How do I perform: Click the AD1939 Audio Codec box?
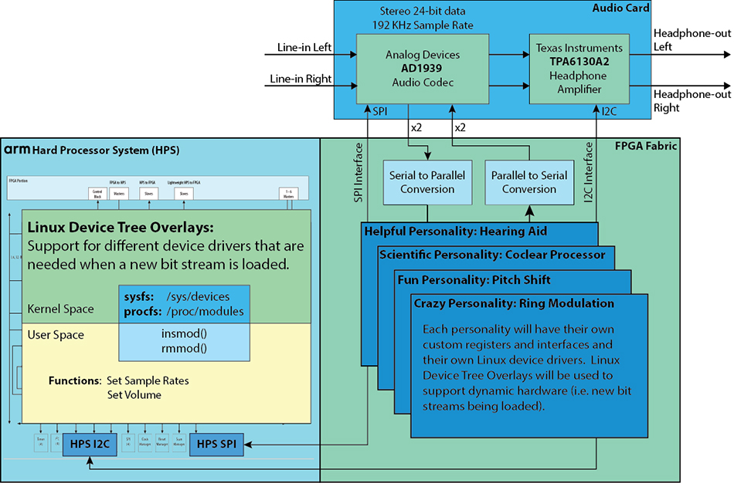tap(422, 69)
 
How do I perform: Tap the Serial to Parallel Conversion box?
tap(427, 182)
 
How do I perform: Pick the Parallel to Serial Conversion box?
tap(528, 182)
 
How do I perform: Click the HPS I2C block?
tap(90, 444)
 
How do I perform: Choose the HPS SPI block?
tap(217, 444)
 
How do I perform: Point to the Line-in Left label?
tap(304, 48)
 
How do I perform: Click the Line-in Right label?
tap(301, 79)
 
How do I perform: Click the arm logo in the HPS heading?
tap(17, 150)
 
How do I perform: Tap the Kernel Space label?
tap(60, 309)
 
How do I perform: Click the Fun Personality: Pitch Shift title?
tap(474, 279)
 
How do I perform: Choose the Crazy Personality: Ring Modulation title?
tap(514, 303)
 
